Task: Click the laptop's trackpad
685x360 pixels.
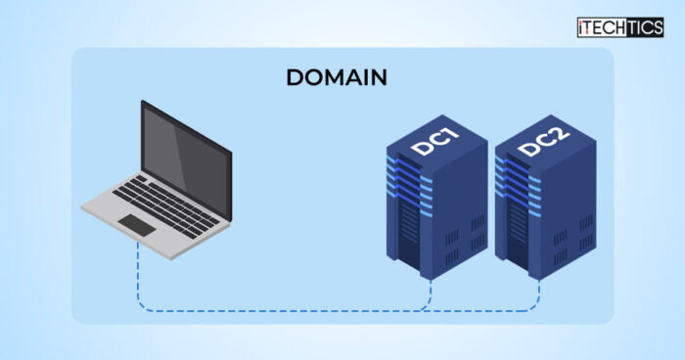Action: (x=138, y=225)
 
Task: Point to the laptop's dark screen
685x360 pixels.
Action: (x=186, y=147)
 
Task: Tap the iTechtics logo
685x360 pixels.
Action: (x=620, y=27)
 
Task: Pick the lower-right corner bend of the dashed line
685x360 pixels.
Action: (x=536, y=308)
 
